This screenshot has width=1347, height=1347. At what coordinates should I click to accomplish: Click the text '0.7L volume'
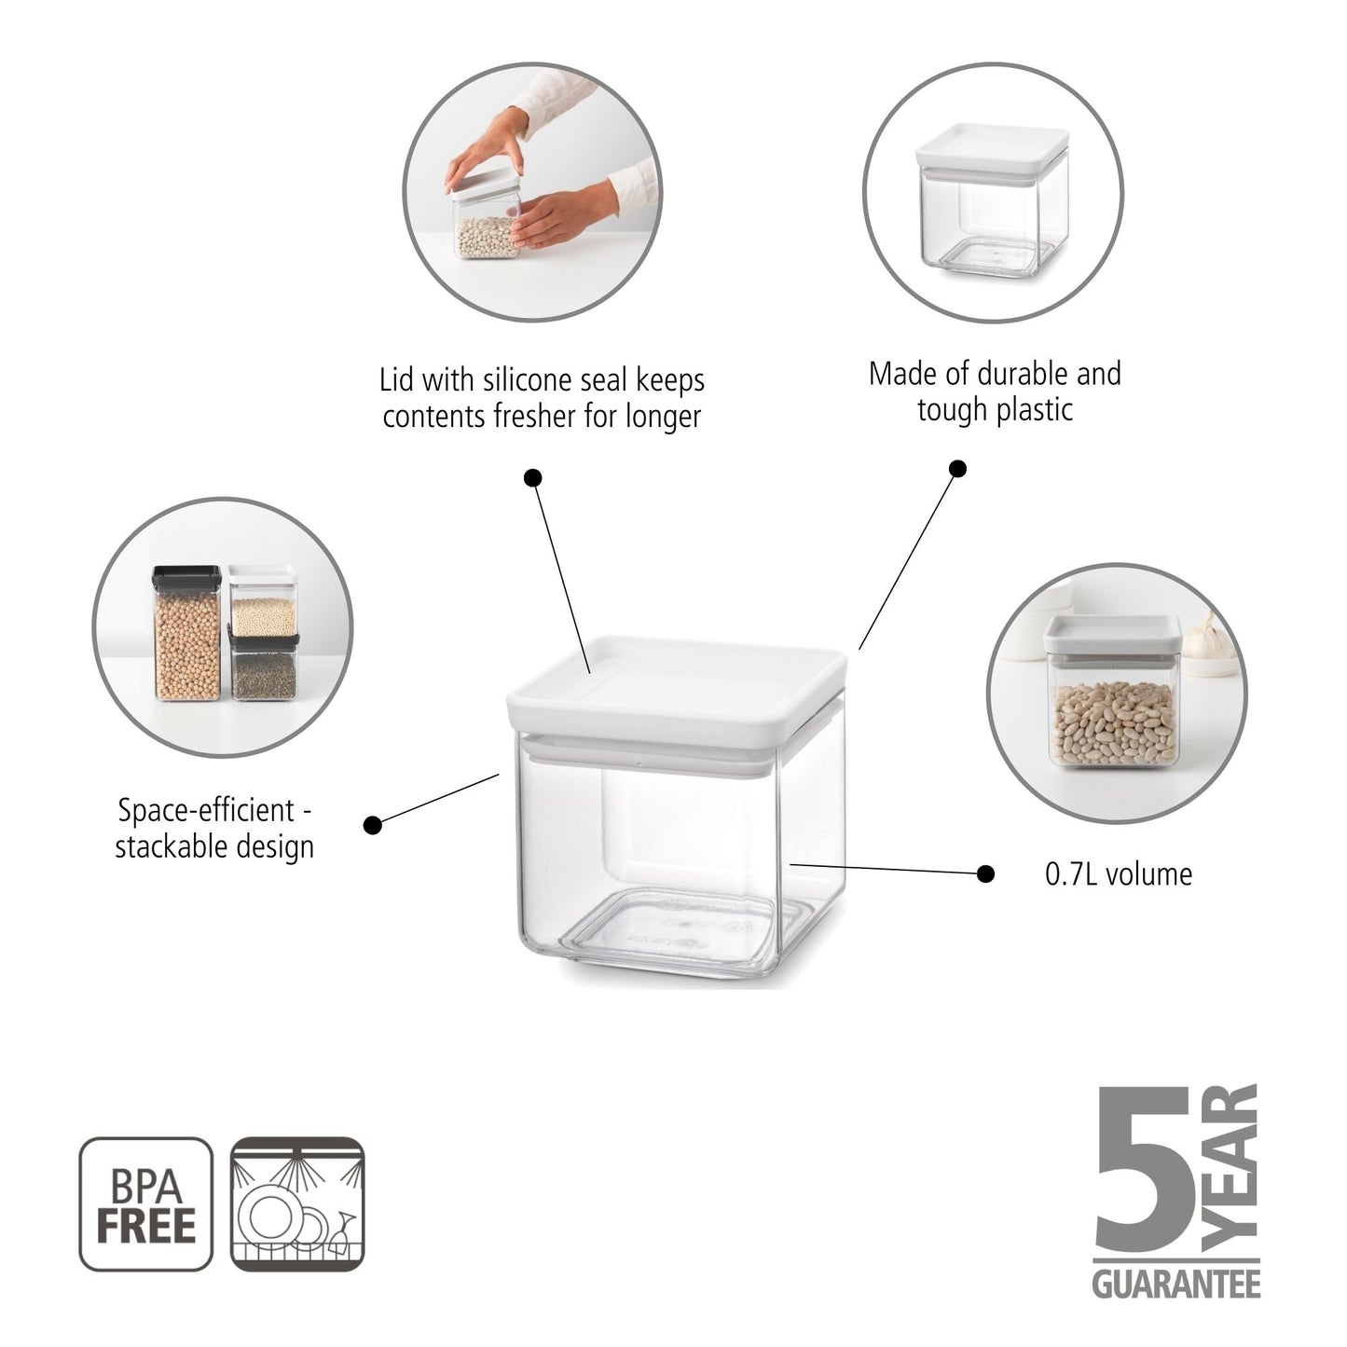point(1118,874)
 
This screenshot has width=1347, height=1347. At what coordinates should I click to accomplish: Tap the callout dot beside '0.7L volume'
point(984,873)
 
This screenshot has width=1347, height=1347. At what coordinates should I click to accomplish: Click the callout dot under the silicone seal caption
point(533,478)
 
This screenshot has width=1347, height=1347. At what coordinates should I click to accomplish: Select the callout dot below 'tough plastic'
point(957,468)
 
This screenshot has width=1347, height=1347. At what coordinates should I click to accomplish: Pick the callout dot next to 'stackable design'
point(373,824)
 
